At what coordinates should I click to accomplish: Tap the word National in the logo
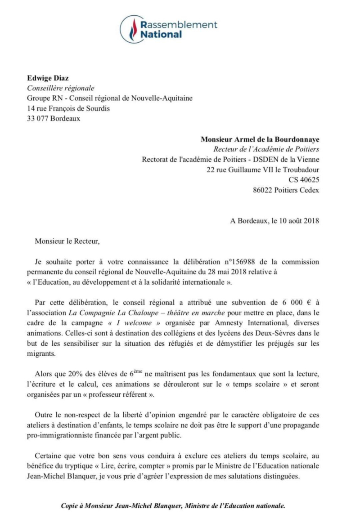(x=161, y=35)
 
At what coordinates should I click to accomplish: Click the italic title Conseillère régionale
(x=61, y=88)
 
